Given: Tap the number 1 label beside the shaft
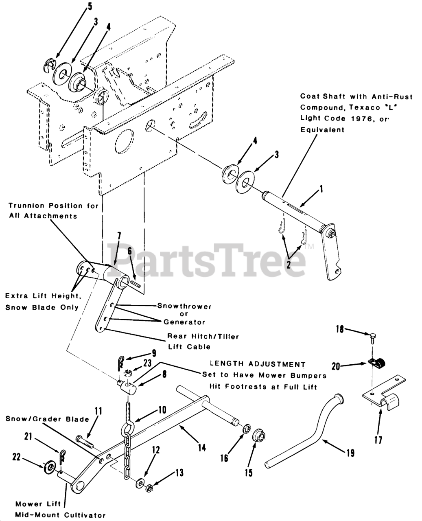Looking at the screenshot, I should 321,189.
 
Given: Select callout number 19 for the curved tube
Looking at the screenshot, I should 350,452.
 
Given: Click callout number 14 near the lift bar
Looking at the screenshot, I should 201,447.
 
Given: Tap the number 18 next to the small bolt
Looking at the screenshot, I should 339,329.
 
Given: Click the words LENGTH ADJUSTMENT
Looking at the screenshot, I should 257,364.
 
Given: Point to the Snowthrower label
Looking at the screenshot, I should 184,306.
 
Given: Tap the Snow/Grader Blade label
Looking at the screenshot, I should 47,419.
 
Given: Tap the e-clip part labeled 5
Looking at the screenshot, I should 50,65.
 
